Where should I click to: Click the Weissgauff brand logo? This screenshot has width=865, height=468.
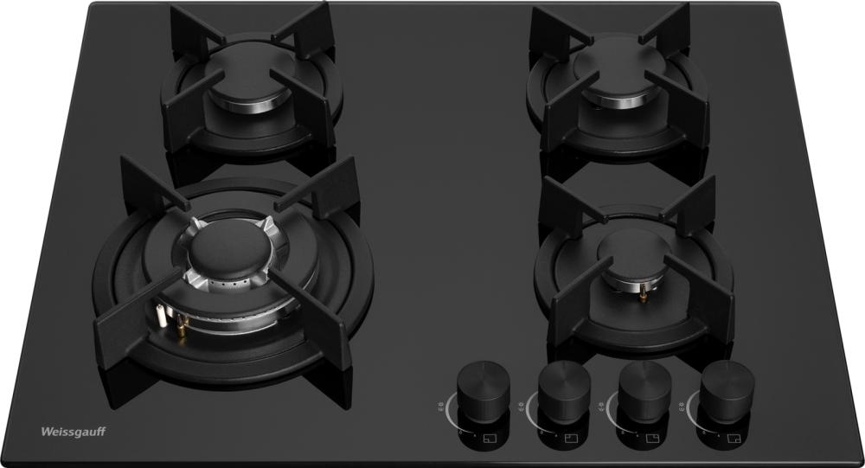[x=74, y=432]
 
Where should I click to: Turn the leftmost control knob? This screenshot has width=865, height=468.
[x=484, y=389]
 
